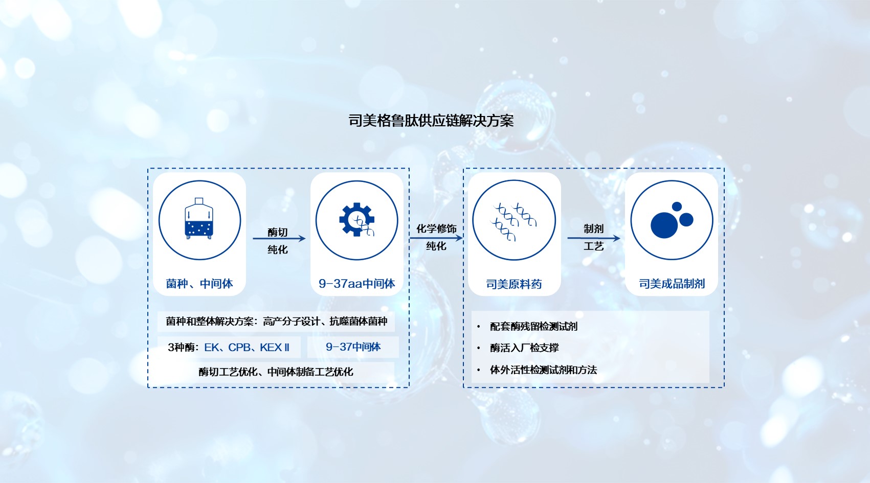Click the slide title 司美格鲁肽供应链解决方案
click(x=431, y=121)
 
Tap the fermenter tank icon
click(x=199, y=219)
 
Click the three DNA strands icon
click(x=514, y=222)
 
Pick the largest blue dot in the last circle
click(x=664, y=225)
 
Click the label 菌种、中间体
click(x=199, y=284)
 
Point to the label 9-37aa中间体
click(x=356, y=284)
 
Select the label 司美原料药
click(x=514, y=284)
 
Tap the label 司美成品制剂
click(x=672, y=284)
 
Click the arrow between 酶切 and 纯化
click(x=279, y=238)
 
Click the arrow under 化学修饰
click(x=436, y=238)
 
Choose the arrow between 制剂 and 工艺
click(x=593, y=238)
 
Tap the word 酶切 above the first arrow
click(x=277, y=232)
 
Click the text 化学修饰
click(x=436, y=228)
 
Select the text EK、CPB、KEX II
click(x=247, y=347)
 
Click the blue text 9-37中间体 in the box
click(x=353, y=347)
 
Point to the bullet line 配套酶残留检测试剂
click(x=533, y=327)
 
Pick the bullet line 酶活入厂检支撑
click(x=524, y=348)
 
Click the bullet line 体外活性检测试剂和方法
click(x=543, y=370)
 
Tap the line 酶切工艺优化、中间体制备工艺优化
click(x=276, y=372)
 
